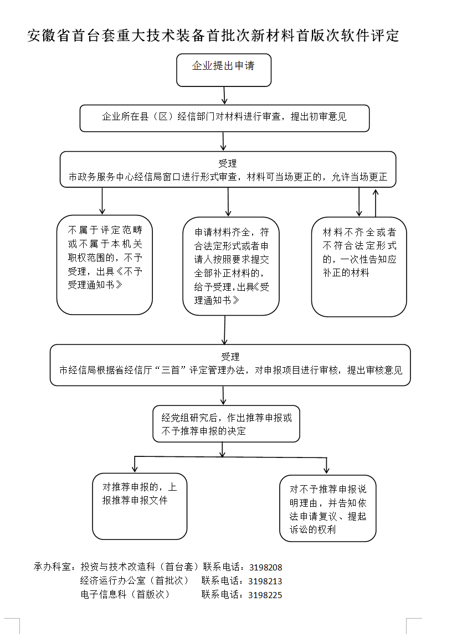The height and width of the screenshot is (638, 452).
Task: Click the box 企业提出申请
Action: click(x=224, y=70)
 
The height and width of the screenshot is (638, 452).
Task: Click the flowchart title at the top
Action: click(x=213, y=36)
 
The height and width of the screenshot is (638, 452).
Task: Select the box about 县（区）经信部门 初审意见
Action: click(x=224, y=119)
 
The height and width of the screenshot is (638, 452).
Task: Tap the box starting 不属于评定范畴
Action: click(x=105, y=265)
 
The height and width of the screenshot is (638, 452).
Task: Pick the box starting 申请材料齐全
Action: click(x=231, y=266)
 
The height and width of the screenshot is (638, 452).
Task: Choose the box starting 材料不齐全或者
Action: click(x=359, y=266)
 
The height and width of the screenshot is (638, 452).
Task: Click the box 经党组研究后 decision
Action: click(x=226, y=424)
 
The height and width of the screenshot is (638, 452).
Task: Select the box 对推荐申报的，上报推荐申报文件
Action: click(x=140, y=506)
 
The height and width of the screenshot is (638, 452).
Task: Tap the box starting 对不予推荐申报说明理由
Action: click(x=328, y=508)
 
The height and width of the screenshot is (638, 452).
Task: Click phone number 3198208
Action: click(x=266, y=567)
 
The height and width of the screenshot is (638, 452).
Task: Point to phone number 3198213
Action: click(x=265, y=581)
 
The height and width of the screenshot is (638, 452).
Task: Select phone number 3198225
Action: click(x=265, y=595)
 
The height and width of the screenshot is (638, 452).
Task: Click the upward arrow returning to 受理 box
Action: click(x=376, y=202)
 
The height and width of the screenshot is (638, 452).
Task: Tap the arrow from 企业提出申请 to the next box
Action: click(x=224, y=96)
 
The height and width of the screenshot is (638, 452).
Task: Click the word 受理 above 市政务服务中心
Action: click(x=228, y=163)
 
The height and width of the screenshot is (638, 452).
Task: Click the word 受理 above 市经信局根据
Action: click(x=230, y=357)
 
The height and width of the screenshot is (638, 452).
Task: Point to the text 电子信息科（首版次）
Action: click(x=125, y=594)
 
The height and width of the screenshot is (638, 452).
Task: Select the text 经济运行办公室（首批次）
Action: click(x=135, y=580)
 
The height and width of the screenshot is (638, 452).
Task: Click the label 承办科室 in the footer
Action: click(x=52, y=567)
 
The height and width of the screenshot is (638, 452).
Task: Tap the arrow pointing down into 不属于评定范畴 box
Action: click(x=102, y=201)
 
